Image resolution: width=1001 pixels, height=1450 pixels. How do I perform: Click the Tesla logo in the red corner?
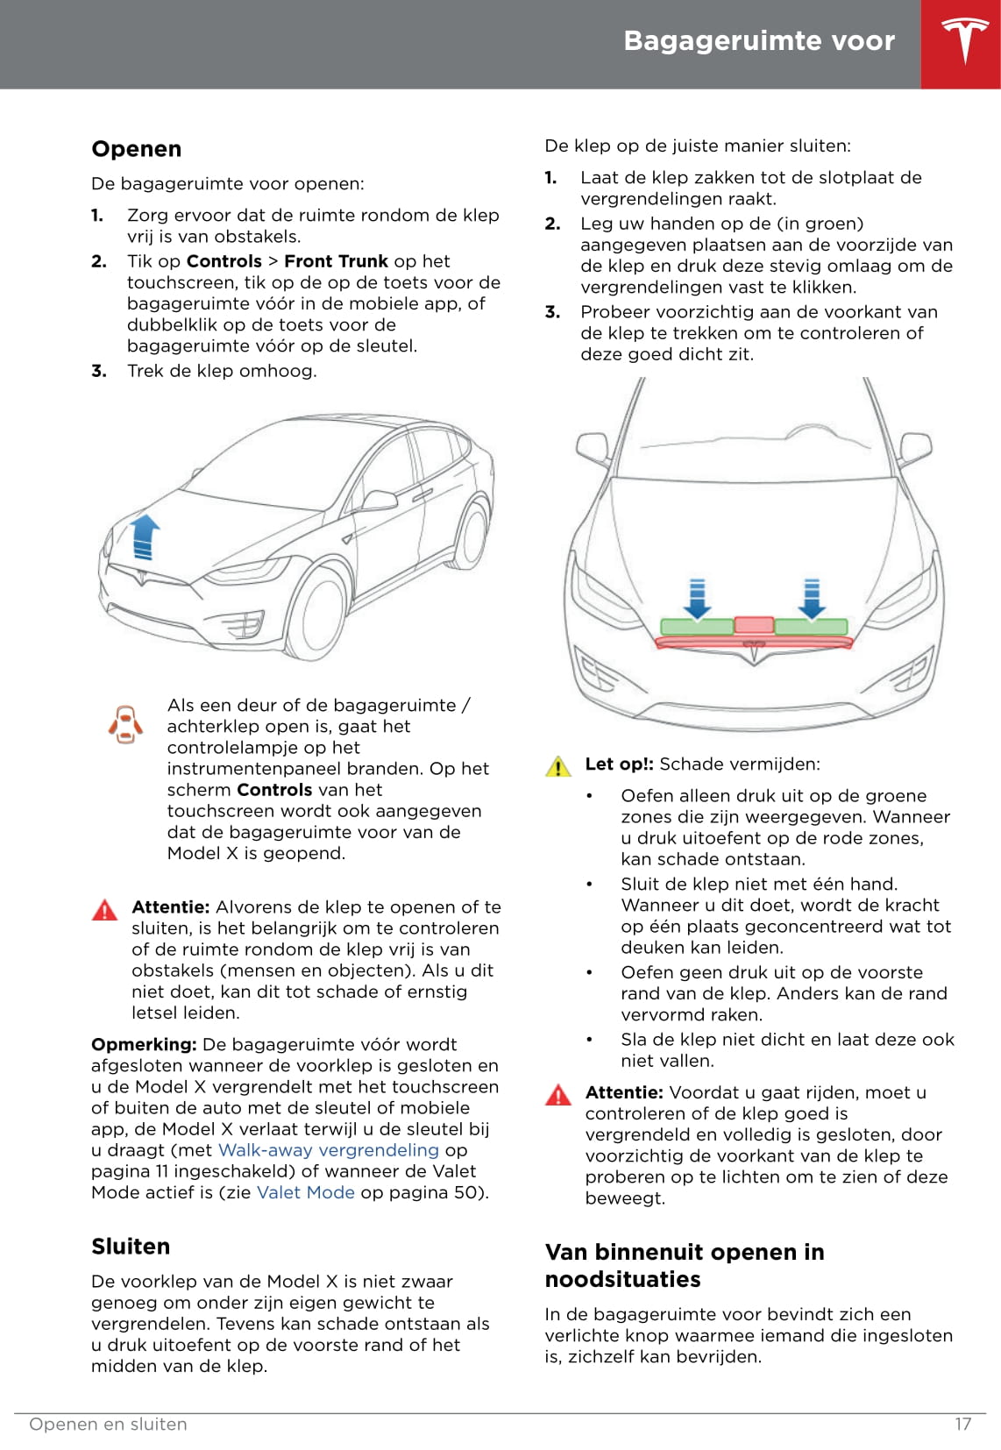[964, 41]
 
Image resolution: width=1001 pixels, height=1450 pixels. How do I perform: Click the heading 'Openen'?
[137, 149]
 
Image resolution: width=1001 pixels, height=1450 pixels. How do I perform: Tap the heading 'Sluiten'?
[131, 1247]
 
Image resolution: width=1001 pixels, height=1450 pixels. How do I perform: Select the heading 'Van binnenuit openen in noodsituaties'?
[685, 1265]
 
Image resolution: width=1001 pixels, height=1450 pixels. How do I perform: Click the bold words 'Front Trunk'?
[336, 261]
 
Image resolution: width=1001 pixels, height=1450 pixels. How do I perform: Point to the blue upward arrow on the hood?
[144, 537]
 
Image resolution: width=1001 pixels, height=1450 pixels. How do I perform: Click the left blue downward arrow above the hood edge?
[698, 599]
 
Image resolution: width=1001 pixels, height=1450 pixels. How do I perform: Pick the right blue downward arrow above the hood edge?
[812, 599]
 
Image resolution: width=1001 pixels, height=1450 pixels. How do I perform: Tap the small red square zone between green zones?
[754, 625]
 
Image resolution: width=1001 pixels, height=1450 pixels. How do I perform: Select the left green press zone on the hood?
[696, 627]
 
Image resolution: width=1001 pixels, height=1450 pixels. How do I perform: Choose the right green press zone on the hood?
[812, 627]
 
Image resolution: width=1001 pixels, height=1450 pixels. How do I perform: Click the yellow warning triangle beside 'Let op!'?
[558, 766]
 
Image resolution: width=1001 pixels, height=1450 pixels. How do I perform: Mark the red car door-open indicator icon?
[125, 724]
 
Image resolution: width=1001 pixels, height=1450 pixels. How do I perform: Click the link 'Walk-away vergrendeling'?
[328, 1150]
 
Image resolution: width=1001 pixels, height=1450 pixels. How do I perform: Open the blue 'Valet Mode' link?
[306, 1192]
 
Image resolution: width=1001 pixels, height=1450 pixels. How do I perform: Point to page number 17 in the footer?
[962, 1424]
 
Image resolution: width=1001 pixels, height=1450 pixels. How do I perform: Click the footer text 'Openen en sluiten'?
[108, 1424]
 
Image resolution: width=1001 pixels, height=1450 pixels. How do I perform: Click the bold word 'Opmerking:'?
[144, 1044]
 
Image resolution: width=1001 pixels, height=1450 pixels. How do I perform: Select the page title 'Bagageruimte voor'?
[759, 41]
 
